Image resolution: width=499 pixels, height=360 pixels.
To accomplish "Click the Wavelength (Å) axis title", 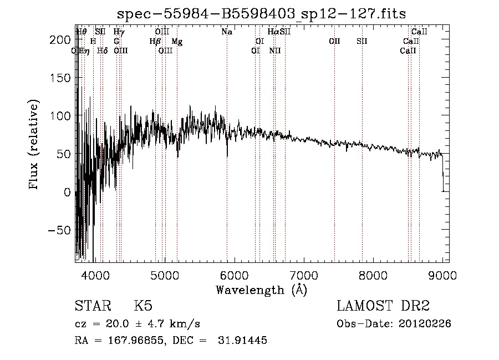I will click(x=261, y=289).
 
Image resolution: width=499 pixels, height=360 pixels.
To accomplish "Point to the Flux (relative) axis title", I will click(x=34, y=144).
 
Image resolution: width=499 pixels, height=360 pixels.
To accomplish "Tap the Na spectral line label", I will click(x=227, y=32).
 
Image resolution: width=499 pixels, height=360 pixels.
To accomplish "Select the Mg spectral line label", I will click(x=177, y=41).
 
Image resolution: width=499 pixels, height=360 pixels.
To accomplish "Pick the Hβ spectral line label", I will click(x=155, y=41).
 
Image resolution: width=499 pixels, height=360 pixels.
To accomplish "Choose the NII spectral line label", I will click(x=275, y=50).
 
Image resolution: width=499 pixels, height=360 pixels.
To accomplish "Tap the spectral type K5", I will click(x=143, y=306).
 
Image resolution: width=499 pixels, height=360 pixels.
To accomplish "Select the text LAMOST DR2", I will click(x=383, y=306).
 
